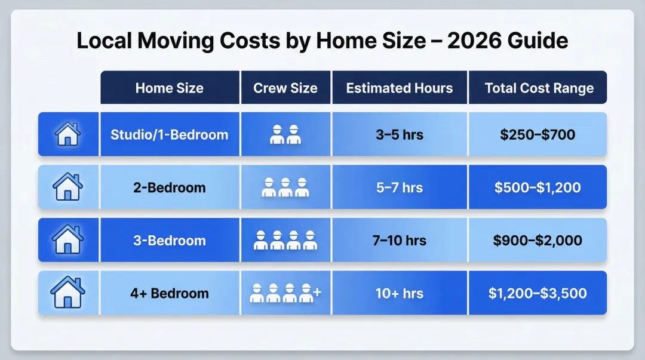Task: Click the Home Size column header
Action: point(170,88)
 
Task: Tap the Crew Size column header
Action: point(285,88)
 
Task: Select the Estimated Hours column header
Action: point(400,88)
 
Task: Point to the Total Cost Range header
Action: point(539,88)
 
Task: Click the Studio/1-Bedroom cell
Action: point(170,134)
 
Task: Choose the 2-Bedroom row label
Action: point(170,187)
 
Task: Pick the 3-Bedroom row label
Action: point(170,240)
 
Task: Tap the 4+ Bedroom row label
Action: point(170,293)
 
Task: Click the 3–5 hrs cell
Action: point(400,134)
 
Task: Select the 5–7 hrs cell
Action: point(400,187)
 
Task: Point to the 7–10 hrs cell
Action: point(400,240)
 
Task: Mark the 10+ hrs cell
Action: point(400,293)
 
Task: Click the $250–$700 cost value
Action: point(537,134)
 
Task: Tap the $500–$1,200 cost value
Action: point(537,187)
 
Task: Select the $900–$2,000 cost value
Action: point(537,240)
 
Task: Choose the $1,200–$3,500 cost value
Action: point(537,293)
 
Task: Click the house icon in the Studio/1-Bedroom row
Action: point(68,134)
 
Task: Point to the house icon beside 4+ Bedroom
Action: point(68,293)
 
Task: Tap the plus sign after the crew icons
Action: point(317,292)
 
